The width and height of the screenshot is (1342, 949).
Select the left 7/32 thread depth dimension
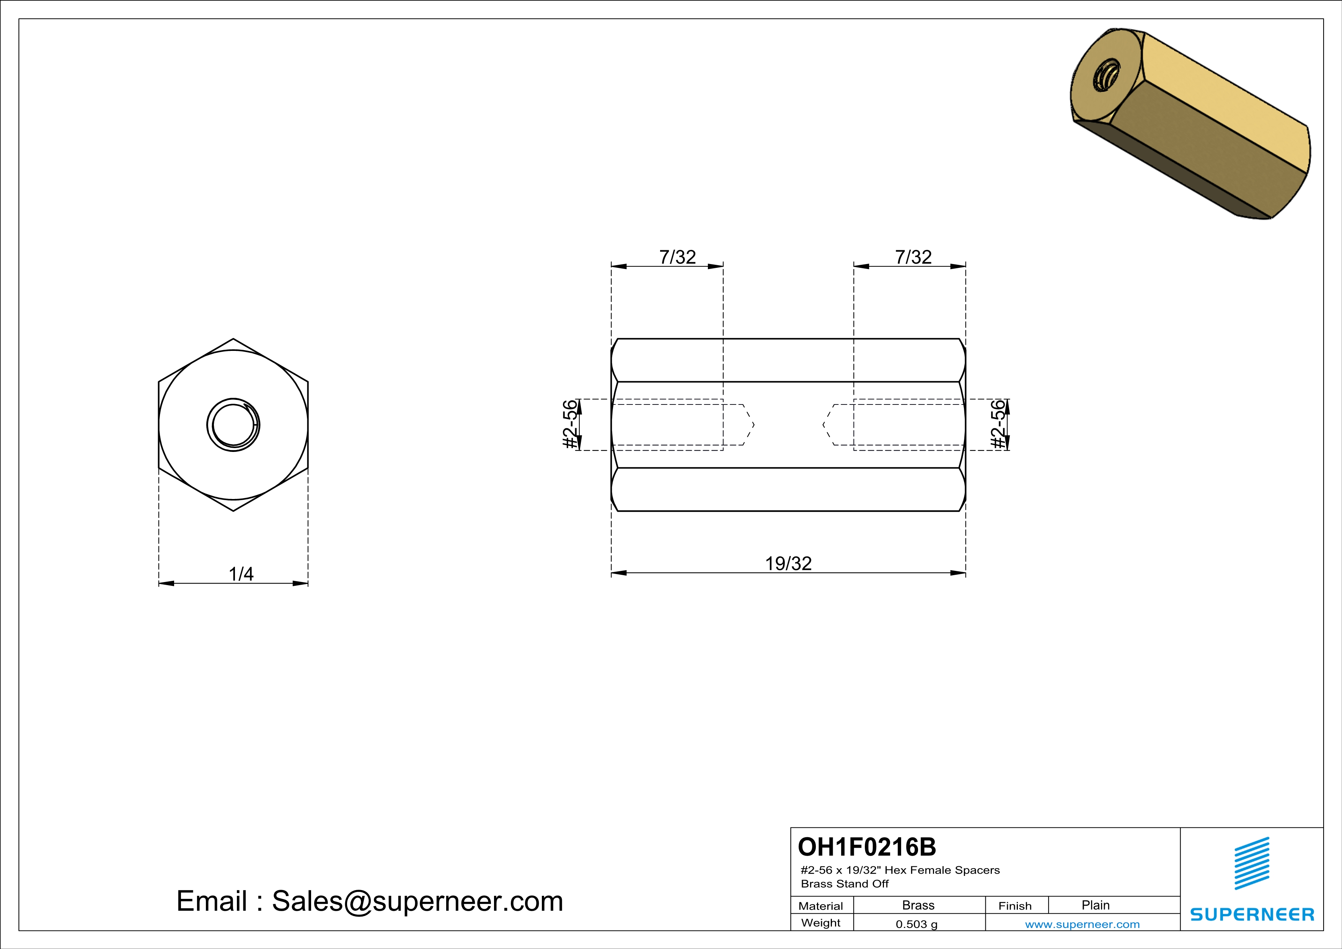point(677,257)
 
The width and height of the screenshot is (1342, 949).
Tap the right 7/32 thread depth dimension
point(913,257)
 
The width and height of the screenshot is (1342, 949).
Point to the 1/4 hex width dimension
point(241,574)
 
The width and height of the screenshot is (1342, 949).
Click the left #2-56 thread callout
point(570,424)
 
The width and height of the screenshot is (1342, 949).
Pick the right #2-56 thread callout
point(999,424)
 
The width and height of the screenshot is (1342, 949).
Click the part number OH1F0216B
point(867,847)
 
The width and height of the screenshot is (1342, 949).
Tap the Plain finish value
point(1095,905)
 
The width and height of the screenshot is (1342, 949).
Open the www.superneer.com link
point(1082,924)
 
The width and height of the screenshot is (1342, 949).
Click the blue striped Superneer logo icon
point(1251,863)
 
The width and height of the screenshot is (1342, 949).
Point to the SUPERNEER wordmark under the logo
point(1251,914)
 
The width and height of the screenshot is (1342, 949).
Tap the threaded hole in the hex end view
point(233,425)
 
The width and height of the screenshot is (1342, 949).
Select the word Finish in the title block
point(1015,906)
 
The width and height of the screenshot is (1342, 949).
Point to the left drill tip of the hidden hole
point(749,425)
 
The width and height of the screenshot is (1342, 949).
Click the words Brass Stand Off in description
point(844,884)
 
